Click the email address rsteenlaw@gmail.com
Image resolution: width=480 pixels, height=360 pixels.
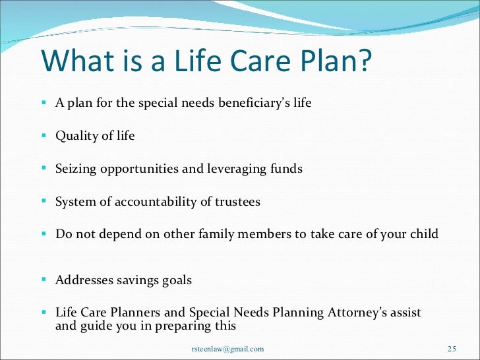click(227, 349)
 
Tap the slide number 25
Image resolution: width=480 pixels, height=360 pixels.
click(452, 349)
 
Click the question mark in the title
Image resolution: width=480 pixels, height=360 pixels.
click(364, 60)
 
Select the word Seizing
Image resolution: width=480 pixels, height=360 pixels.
click(76, 169)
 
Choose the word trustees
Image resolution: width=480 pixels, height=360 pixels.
click(237, 202)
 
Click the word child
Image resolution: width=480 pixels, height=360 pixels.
click(425, 233)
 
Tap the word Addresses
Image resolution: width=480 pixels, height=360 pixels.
click(84, 280)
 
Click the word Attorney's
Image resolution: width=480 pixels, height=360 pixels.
click(357, 313)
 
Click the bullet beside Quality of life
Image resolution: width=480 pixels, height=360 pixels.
click(44, 135)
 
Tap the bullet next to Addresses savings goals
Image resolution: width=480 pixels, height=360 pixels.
click(44, 279)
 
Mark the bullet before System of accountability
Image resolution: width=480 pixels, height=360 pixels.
click(44, 201)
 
